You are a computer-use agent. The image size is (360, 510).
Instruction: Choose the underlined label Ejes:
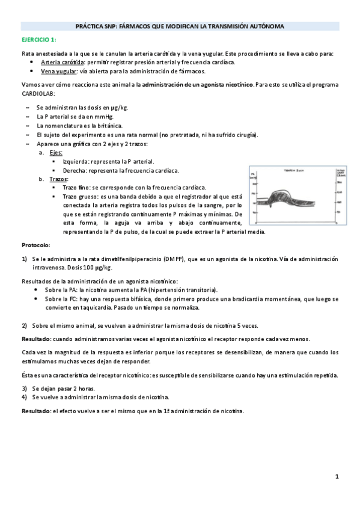click(56, 153)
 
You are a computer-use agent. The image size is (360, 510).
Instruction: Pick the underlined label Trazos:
click(58, 179)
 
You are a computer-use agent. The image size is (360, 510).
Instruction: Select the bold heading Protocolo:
click(36, 246)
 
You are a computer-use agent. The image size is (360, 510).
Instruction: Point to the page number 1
click(337, 477)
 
